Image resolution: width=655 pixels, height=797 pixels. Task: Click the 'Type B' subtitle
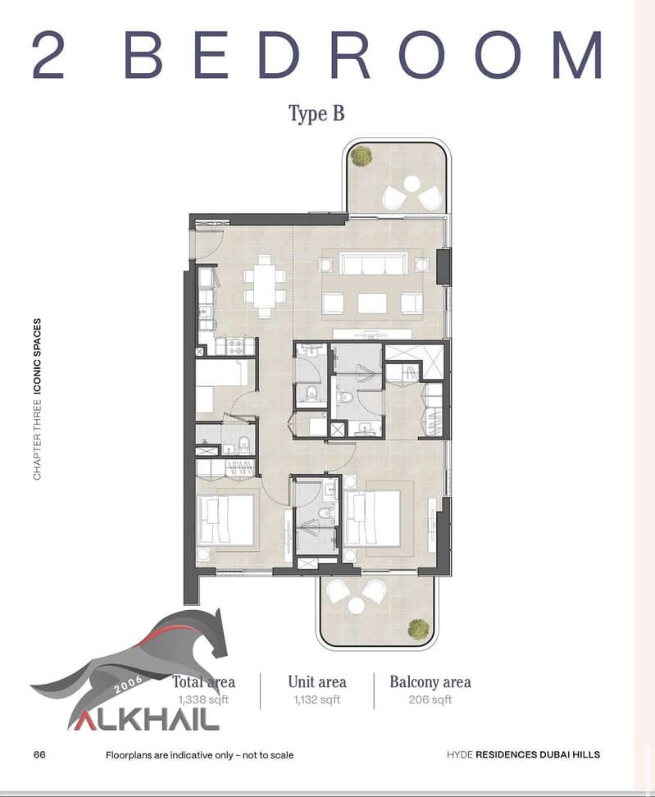[316, 113]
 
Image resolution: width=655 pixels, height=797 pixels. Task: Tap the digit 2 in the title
[49, 54]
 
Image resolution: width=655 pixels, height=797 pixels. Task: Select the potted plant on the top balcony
[362, 156]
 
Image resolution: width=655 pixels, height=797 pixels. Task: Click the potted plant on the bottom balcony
[418, 629]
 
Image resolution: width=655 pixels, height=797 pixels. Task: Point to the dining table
[264, 287]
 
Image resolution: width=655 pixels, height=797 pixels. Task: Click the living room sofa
[372, 263]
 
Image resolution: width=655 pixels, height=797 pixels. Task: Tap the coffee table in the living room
[372, 303]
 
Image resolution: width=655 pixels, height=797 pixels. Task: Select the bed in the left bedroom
[226, 520]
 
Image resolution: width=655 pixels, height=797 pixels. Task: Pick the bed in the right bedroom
[372, 517]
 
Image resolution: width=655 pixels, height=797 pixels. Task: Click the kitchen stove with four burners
[235, 347]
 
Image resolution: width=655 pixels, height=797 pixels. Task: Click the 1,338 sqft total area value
[203, 700]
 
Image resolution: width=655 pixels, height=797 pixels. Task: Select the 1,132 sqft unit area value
[317, 700]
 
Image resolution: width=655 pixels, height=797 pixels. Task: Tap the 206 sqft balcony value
[430, 700]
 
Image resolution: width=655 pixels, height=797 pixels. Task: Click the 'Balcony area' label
[430, 681]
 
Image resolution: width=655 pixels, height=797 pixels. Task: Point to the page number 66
[39, 754]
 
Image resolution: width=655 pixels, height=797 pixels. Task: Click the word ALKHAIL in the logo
[143, 720]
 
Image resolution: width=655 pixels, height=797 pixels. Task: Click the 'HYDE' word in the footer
[459, 755]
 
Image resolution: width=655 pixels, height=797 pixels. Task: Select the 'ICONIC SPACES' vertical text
[37, 357]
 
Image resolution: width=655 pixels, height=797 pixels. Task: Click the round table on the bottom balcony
[357, 605]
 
